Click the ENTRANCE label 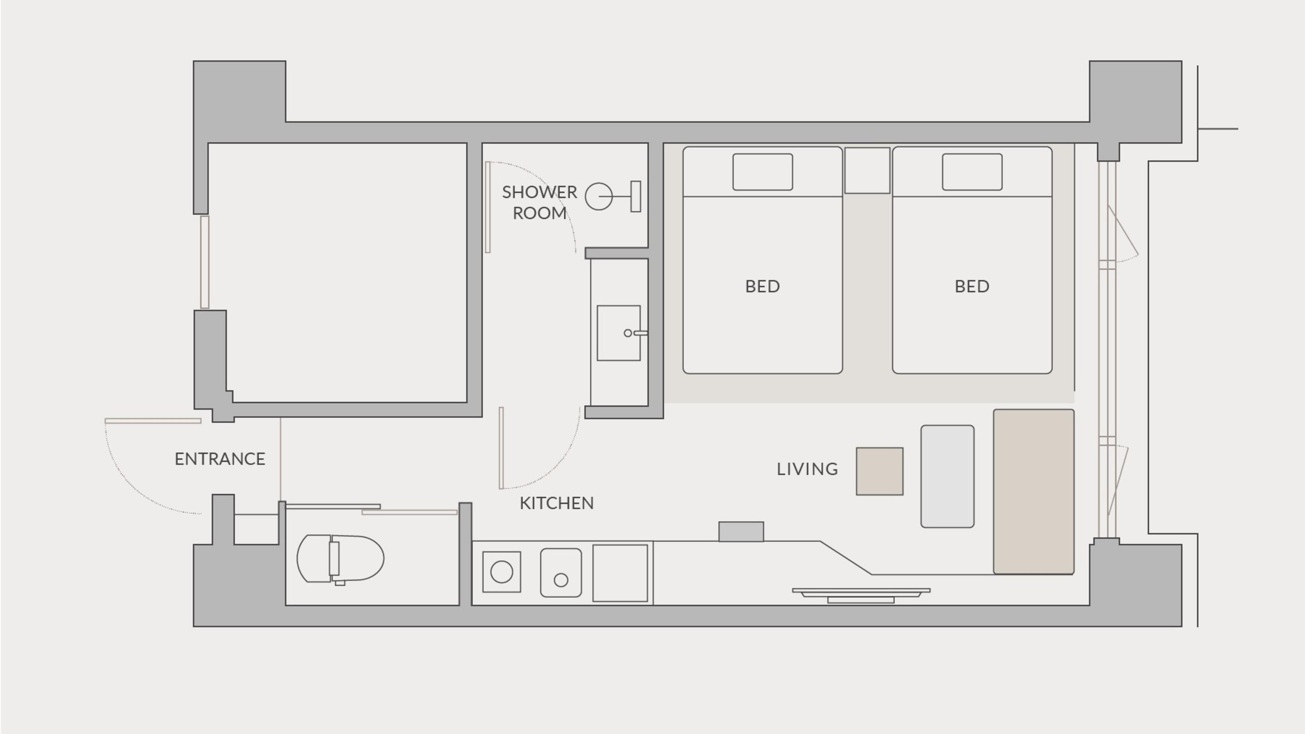pos(220,459)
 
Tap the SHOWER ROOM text pos(540,202)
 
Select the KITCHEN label pos(557,503)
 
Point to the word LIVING pos(807,469)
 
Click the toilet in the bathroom pos(340,559)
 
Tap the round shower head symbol pos(599,197)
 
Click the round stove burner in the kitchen pos(502,572)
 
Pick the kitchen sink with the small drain pos(561,572)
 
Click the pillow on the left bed pos(763,172)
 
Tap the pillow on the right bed pos(972,172)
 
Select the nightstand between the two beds pos(867,170)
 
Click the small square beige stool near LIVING pos(880,471)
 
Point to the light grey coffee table pos(947,476)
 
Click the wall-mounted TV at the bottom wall pos(861,595)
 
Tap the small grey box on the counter pos(741,531)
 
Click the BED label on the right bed pos(972,287)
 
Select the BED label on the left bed pos(763,287)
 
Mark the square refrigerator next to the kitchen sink pos(620,573)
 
